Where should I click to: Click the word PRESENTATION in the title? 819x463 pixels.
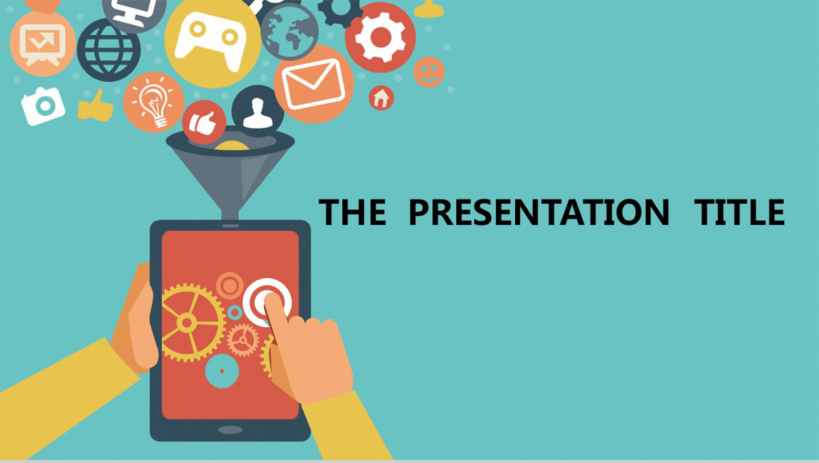pyautogui.click(x=539, y=212)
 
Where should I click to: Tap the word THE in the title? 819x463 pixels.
pyautogui.click(x=352, y=212)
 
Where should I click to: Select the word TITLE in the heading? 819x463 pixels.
pyautogui.click(x=739, y=212)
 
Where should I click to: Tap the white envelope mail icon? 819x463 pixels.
pyautogui.click(x=313, y=84)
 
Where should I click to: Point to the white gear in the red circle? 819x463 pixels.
pyautogui.click(x=380, y=37)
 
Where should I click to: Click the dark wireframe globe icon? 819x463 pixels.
pyautogui.click(x=109, y=50)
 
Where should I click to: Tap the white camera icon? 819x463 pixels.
pyautogui.click(x=43, y=106)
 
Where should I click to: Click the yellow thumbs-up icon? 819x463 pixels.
pyautogui.click(x=96, y=106)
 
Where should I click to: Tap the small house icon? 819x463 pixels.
pyautogui.click(x=381, y=98)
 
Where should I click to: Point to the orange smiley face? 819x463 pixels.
pyautogui.click(x=429, y=72)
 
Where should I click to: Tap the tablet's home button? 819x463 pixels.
pyautogui.click(x=230, y=430)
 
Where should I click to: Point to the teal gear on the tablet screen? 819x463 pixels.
pyautogui.click(x=222, y=371)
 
